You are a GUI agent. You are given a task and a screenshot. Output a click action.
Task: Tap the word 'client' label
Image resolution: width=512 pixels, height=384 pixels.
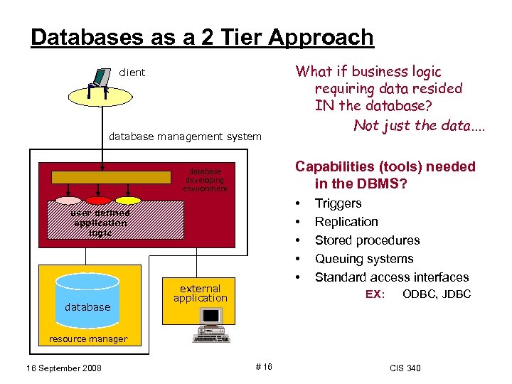(x=132, y=72)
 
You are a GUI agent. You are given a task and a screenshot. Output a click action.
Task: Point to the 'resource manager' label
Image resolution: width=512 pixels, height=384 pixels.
(x=87, y=339)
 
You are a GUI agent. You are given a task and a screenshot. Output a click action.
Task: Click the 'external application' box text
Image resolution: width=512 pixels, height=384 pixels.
(x=200, y=293)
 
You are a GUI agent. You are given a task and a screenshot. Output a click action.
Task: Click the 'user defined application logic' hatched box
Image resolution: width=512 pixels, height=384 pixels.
(x=100, y=223)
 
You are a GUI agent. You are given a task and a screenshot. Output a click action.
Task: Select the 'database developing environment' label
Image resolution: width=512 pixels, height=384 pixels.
(x=206, y=180)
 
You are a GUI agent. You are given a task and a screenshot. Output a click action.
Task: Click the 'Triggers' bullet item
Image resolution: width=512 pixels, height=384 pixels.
(x=338, y=203)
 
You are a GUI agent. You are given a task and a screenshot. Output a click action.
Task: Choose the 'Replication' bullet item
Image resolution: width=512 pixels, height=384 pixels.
(x=346, y=222)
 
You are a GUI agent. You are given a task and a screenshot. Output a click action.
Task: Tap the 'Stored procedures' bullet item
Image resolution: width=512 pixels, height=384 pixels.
(x=367, y=240)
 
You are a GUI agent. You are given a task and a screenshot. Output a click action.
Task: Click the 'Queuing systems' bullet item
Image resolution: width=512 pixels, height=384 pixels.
(x=363, y=259)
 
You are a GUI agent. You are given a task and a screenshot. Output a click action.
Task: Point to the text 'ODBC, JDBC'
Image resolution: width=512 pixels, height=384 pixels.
(x=436, y=294)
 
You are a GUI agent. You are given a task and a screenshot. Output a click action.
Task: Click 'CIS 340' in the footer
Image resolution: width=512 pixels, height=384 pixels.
(x=405, y=368)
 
